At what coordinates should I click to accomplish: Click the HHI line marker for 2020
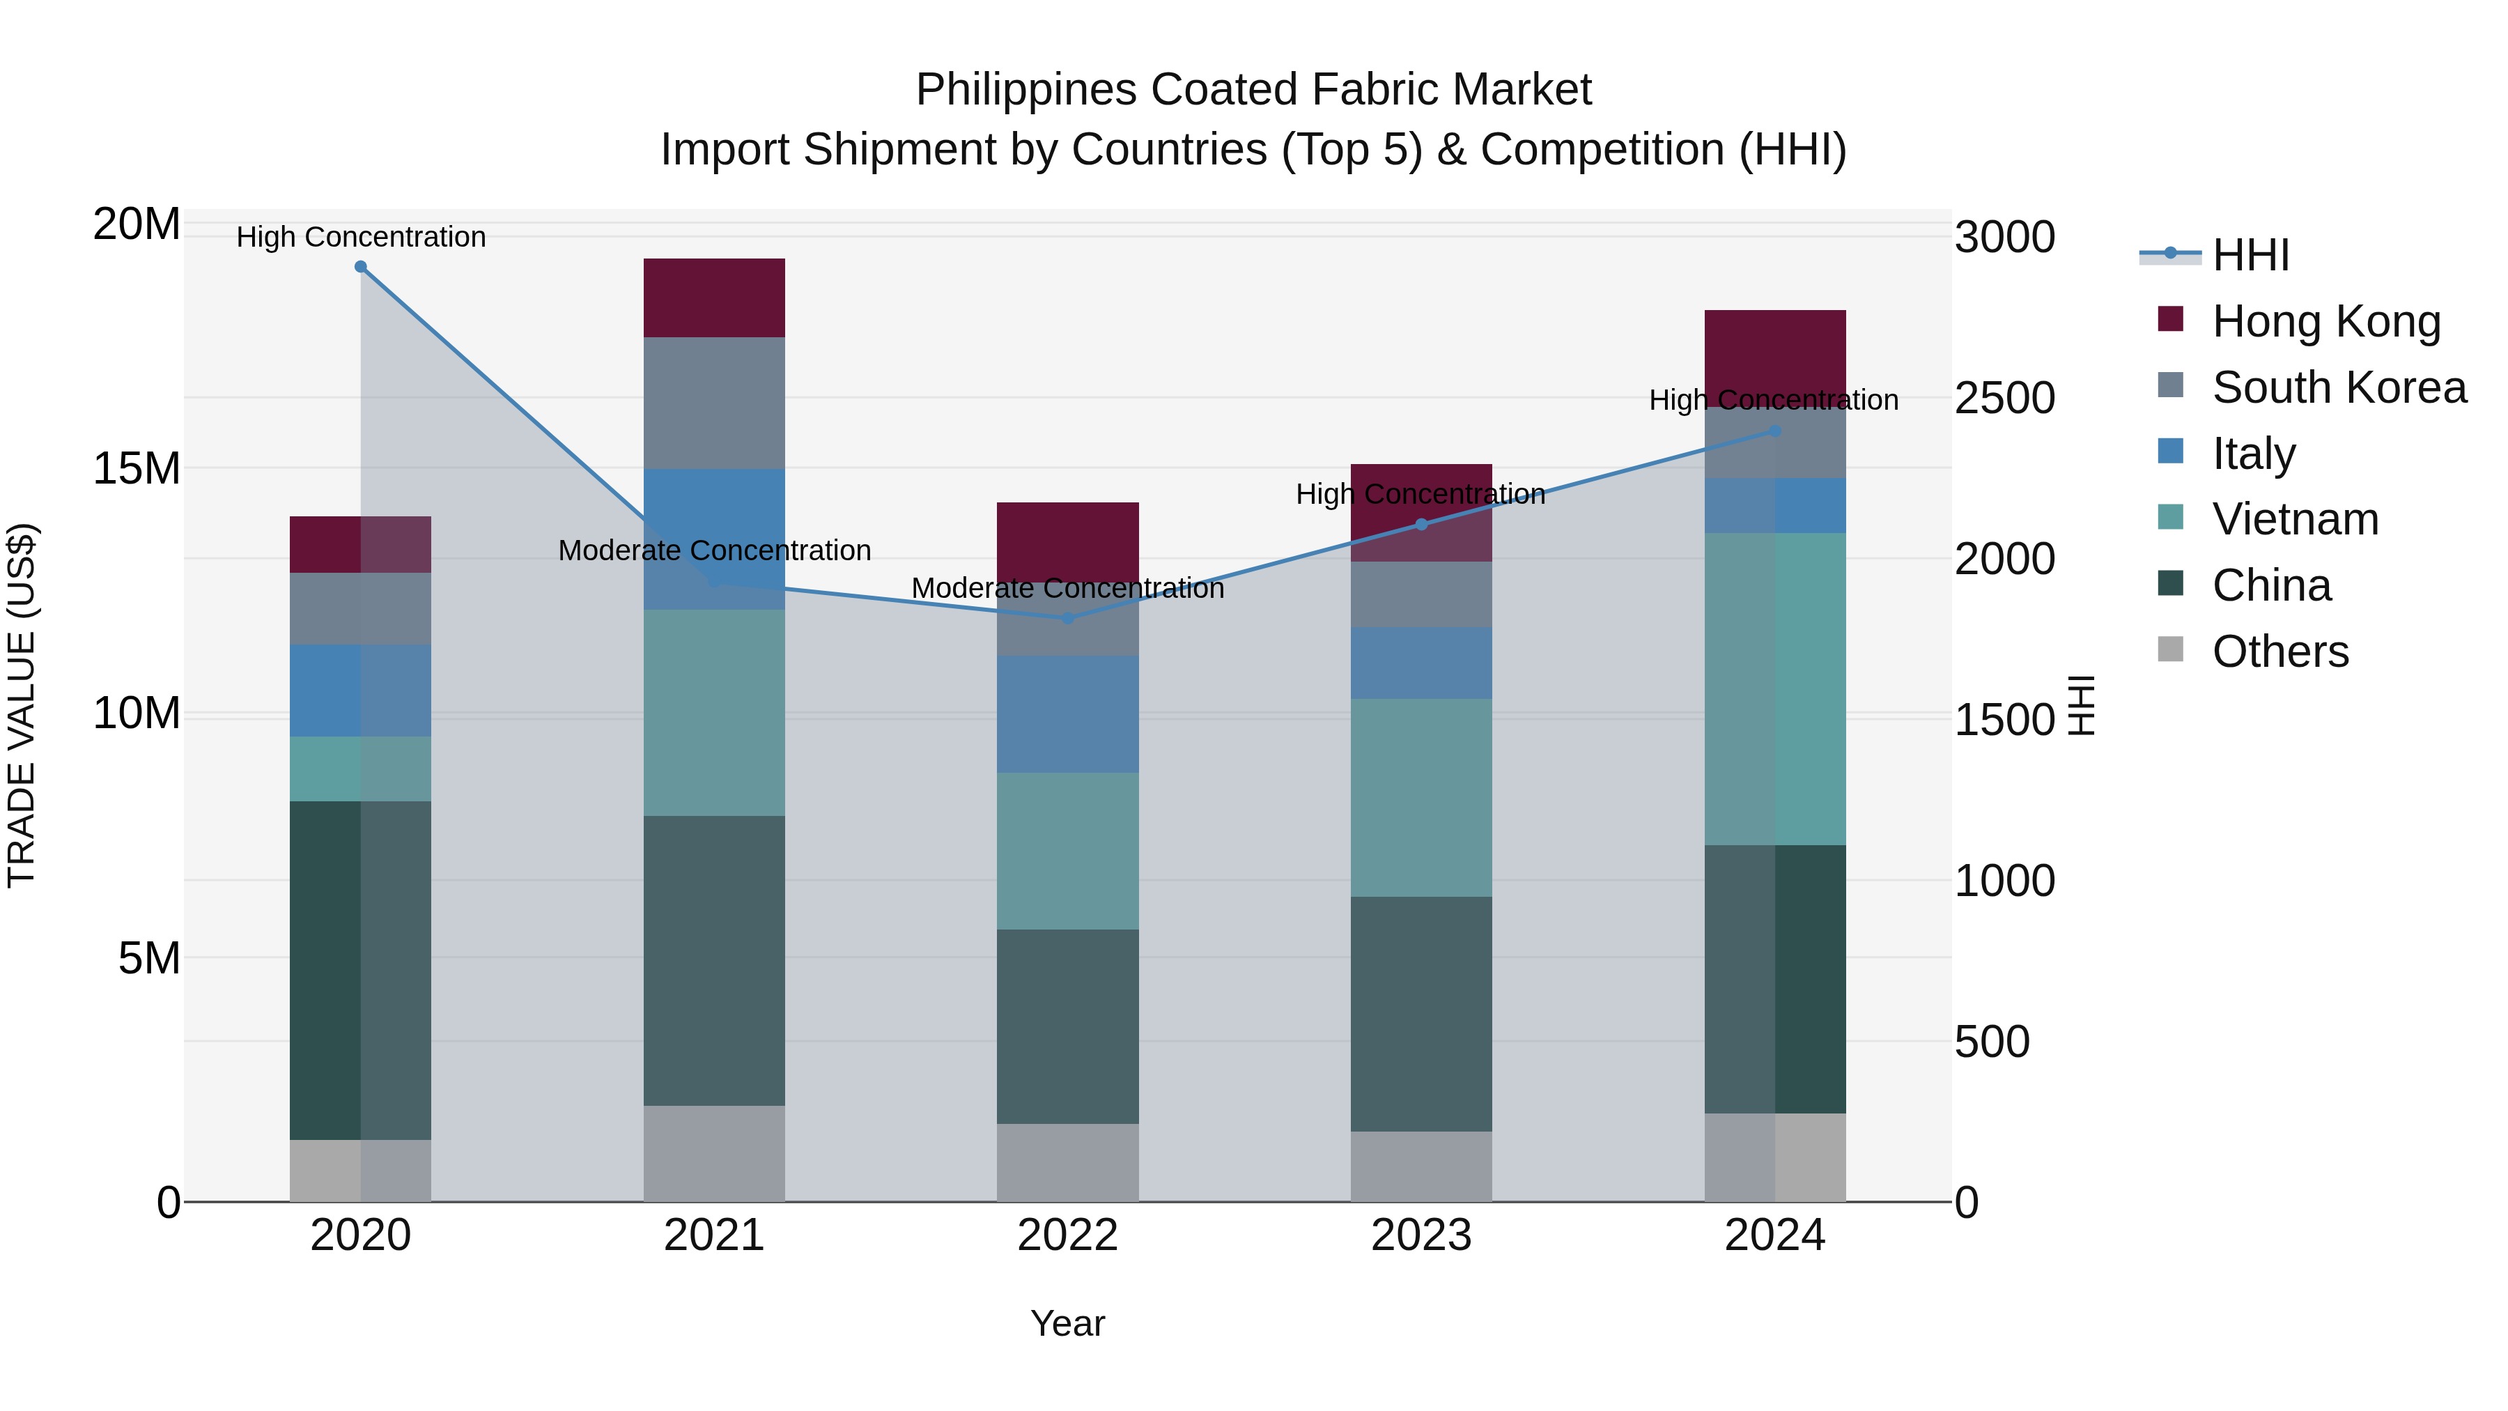tap(360, 267)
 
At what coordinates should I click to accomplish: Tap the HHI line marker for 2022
tap(1067, 618)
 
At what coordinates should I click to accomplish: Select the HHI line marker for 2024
tap(1774, 431)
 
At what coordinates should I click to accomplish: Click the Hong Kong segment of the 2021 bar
tap(713, 298)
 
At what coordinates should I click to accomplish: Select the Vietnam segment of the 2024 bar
tap(1774, 688)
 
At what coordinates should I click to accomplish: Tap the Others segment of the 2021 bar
tap(713, 1153)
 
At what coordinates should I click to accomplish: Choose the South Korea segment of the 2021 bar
tap(713, 403)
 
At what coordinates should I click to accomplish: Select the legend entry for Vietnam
tap(2294, 519)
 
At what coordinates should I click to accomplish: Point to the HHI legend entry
tap(2249, 255)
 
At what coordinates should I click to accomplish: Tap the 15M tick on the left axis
tap(137, 468)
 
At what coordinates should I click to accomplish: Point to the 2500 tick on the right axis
tap(2004, 399)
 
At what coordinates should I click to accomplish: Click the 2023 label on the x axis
tap(1421, 1235)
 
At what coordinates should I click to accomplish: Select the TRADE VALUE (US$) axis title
tap(22, 705)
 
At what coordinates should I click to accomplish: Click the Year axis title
tap(1067, 1323)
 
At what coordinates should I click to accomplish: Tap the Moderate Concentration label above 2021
tap(713, 550)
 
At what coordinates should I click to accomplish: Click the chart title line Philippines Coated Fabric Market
tap(1253, 90)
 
